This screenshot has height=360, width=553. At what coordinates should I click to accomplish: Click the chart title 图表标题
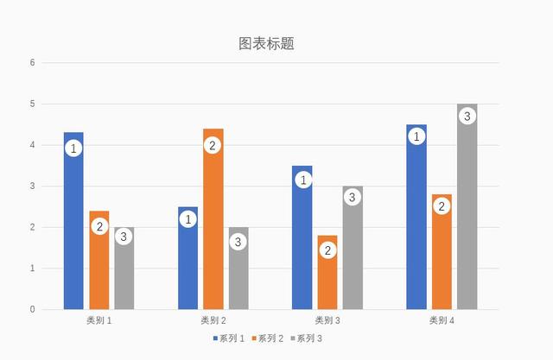click(x=266, y=43)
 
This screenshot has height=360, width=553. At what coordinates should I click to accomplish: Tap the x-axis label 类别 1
click(x=99, y=320)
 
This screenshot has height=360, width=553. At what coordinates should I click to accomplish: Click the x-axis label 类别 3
click(x=327, y=320)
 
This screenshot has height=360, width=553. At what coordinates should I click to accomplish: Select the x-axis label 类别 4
click(x=442, y=320)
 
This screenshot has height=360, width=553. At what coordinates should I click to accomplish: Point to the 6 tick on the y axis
click(x=32, y=62)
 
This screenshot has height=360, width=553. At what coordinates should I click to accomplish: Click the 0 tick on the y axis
click(x=32, y=309)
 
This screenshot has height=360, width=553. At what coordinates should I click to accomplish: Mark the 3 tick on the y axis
click(x=32, y=186)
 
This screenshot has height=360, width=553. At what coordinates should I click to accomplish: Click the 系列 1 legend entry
click(x=229, y=338)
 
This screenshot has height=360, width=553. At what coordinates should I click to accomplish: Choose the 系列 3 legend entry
click(x=306, y=338)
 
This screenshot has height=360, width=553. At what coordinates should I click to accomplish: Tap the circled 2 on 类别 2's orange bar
click(x=213, y=145)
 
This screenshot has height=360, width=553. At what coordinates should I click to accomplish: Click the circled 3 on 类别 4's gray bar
click(x=467, y=116)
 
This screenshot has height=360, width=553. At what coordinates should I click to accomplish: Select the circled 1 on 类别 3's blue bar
click(x=302, y=180)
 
